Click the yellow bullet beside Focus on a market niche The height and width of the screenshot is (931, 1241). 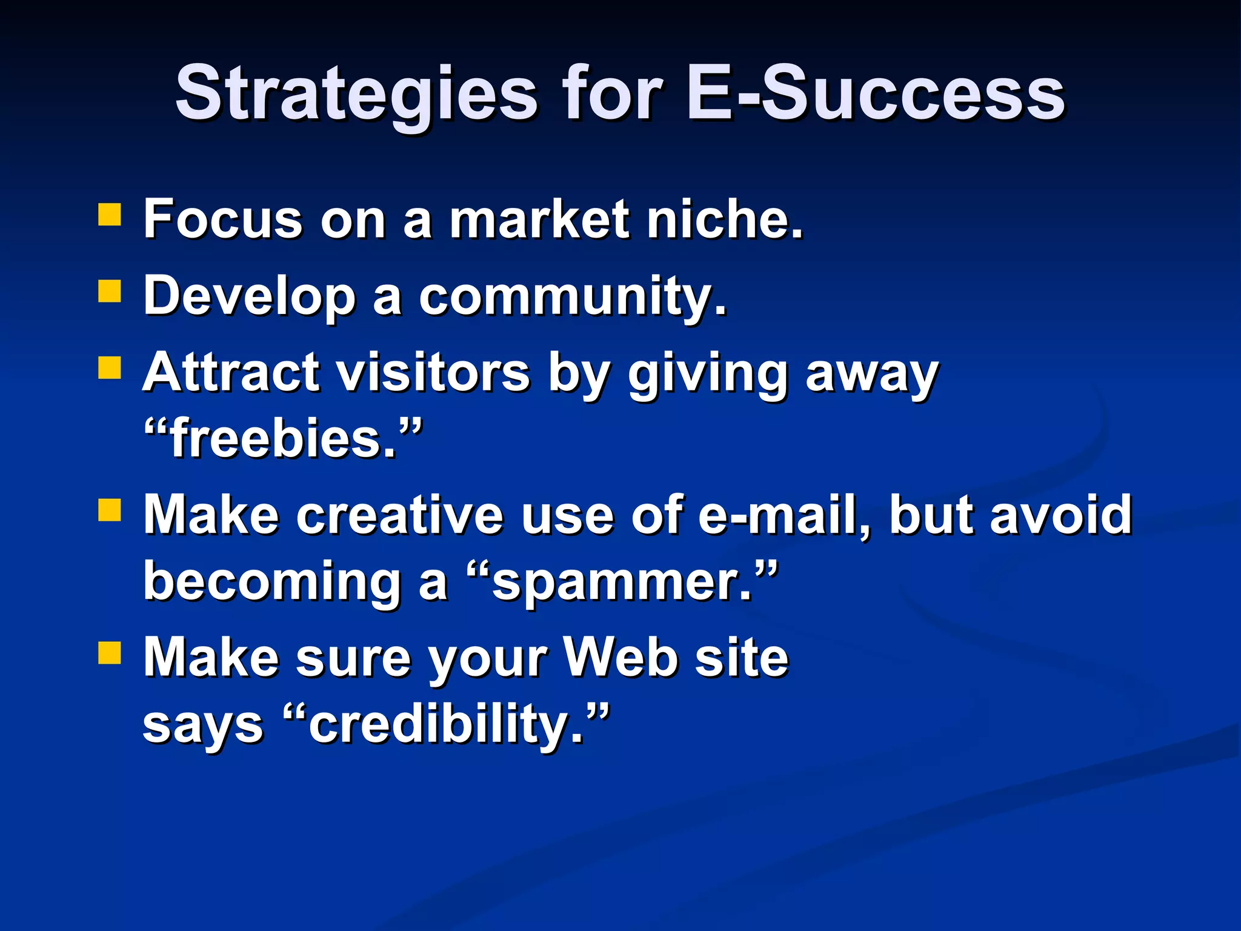tap(110, 215)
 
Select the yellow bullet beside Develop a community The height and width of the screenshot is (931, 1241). tap(110, 290)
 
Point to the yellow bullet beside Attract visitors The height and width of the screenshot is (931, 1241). tap(110, 367)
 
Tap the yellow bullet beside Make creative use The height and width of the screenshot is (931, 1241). tap(110, 510)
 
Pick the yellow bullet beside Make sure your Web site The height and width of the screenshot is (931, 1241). tap(110, 653)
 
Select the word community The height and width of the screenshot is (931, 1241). tap(572, 296)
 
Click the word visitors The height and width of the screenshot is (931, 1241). tap(433, 372)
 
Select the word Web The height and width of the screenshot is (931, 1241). tap(620, 658)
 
